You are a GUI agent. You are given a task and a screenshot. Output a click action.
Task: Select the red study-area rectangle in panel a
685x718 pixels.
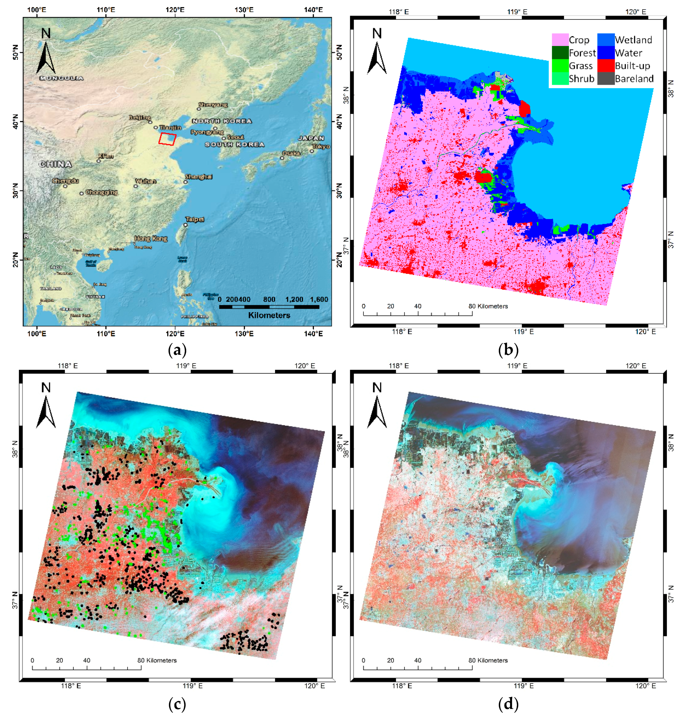[x=167, y=139]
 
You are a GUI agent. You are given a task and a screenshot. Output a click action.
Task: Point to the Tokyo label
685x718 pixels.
[x=321, y=147]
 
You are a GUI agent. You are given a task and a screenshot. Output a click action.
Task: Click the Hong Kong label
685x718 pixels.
[x=151, y=239]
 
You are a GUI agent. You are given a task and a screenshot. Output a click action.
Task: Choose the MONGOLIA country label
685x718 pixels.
[x=61, y=78]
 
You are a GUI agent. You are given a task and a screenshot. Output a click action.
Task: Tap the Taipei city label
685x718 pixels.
[x=195, y=219]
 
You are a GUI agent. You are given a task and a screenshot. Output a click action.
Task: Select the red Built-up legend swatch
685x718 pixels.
[x=605, y=66]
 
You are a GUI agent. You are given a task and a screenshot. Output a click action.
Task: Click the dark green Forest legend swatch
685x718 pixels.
[x=560, y=53]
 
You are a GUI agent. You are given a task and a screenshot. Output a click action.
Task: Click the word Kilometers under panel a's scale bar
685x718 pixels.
[x=269, y=315]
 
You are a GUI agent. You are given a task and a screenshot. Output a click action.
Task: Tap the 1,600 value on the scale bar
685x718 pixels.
[x=319, y=299]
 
